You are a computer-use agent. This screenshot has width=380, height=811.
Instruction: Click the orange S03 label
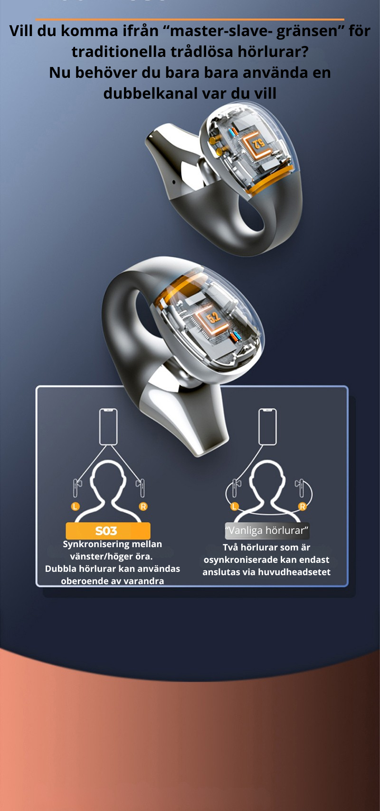pos(108,531)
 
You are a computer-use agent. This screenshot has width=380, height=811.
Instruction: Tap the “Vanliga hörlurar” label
pos(266,531)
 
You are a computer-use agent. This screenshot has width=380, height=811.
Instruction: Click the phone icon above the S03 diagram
pos(108,427)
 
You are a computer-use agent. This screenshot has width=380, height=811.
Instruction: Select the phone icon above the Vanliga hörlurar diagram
pos(267,427)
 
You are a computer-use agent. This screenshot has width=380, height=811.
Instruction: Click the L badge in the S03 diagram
pos(76,506)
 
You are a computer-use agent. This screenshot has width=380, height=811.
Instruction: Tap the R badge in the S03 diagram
pos(143,506)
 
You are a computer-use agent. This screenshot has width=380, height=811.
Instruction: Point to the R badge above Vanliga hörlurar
pos(302,506)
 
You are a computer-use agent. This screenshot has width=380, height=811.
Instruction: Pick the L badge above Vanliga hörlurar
pos(234,506)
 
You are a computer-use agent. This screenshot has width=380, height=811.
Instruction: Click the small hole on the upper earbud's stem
pos(173,182)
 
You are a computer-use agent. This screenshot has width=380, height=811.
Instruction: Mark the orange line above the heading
pos(190,19)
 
